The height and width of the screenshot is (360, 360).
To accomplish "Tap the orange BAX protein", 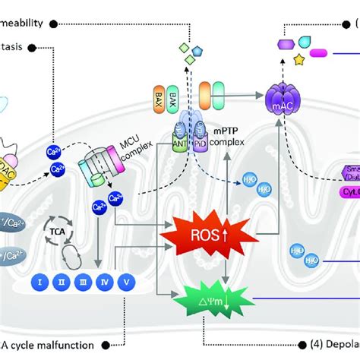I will pos(156,99).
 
